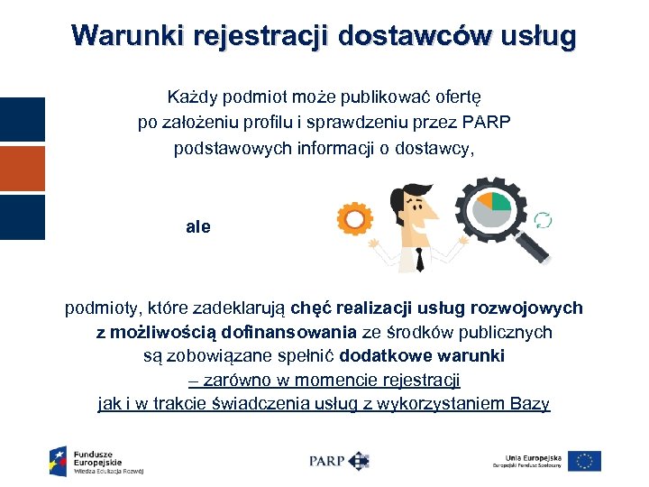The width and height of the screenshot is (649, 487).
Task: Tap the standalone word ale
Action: pyautogui.click(x=198, y=227)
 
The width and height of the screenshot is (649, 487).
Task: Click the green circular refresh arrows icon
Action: pyautogui.click(x=544, y=220)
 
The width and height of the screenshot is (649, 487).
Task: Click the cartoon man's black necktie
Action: pyautogui.click(x=420, y=260)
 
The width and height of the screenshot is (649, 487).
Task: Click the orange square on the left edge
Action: pyautogui.click(x=23, y=169)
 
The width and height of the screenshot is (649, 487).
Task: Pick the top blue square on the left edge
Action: pyautogui.click(x=23, y=120)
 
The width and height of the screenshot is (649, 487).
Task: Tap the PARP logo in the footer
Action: pyautogui.click(x=339, y=460)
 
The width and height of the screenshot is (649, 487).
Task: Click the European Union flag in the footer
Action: pyautogui.click(x=585, y=460)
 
